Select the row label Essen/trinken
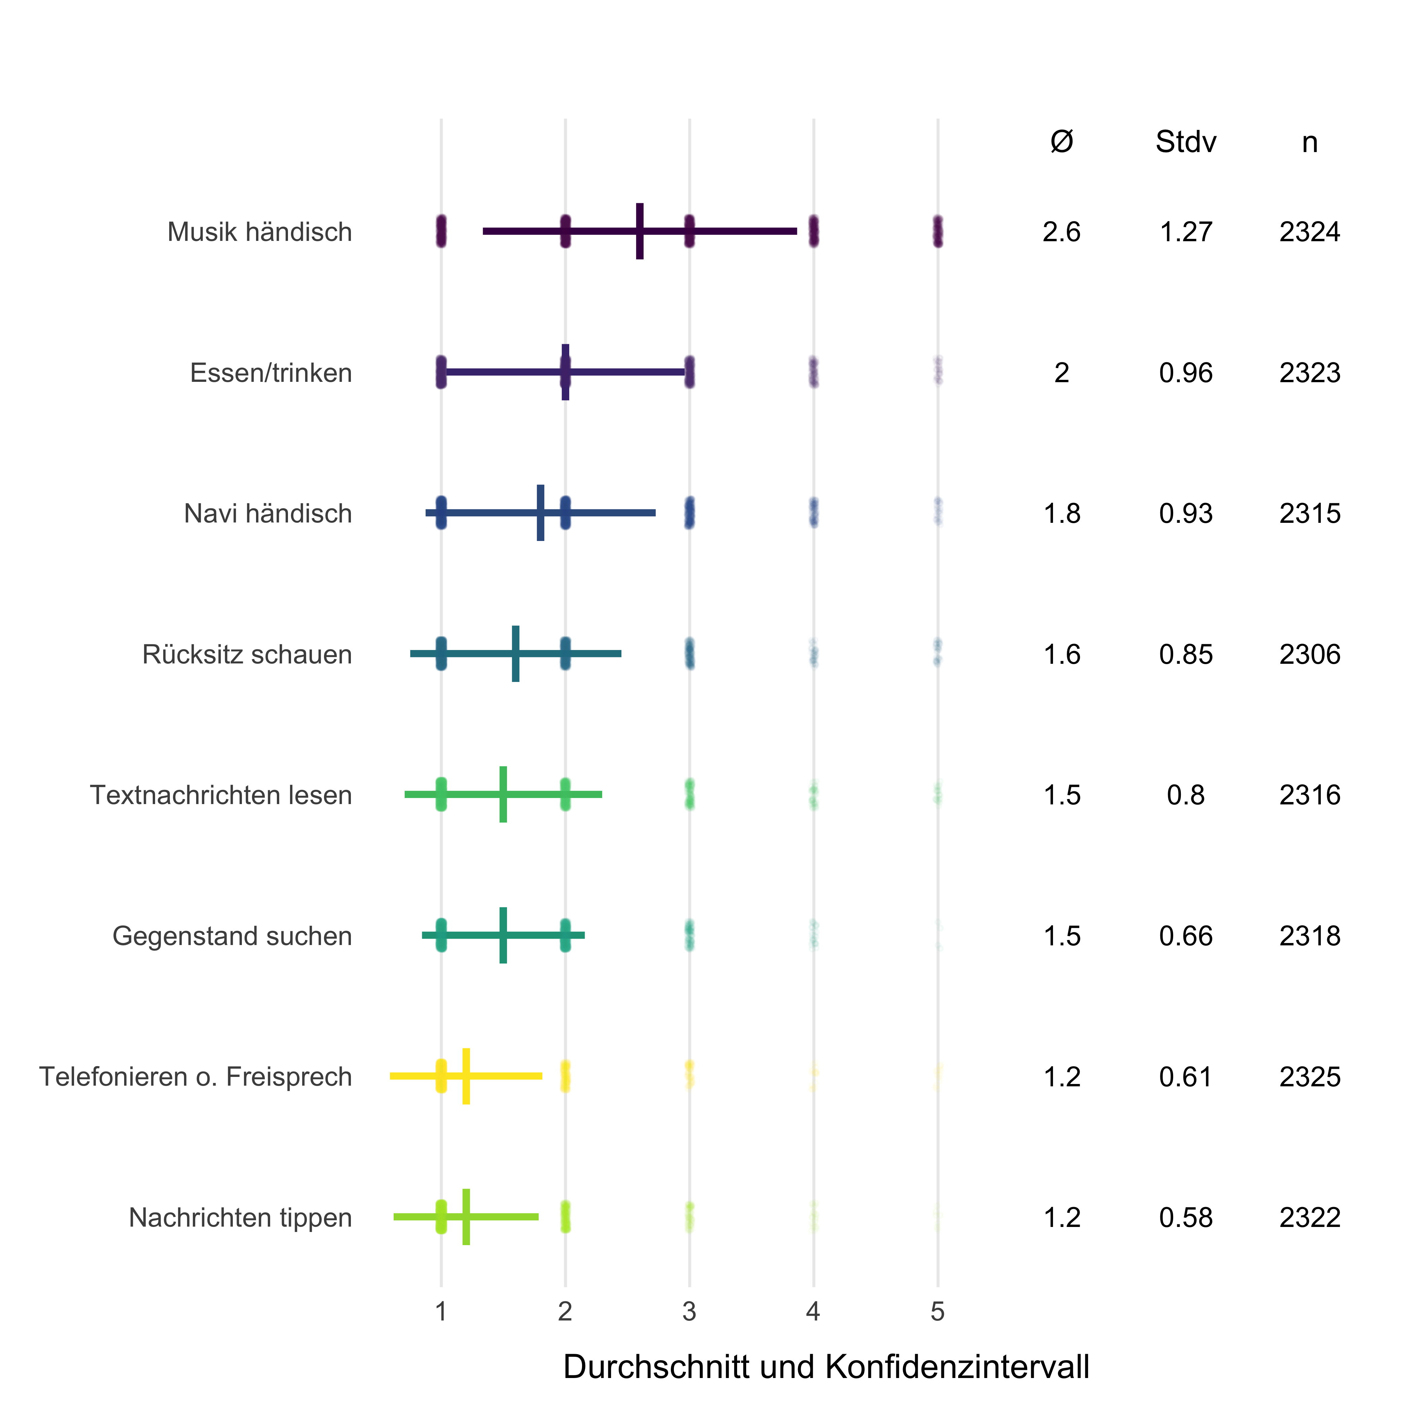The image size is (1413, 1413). (270, 373)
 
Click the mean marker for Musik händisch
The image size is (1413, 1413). (640, 231)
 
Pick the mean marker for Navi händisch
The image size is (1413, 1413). (541, 513)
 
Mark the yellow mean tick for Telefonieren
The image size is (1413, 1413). (466, 1076)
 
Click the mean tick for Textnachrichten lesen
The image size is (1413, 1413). (503, 794)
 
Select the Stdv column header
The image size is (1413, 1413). (1186, 142)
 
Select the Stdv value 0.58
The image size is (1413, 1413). (1186, 1218)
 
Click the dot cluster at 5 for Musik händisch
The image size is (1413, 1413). (938, 231)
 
